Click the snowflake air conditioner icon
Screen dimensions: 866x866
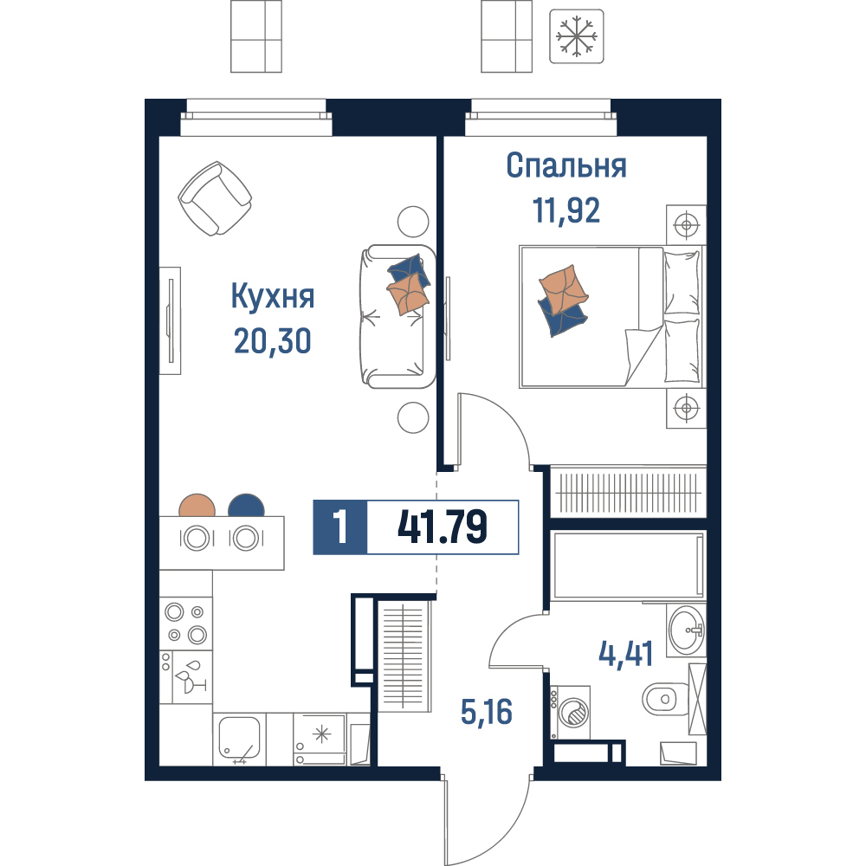pyautogui.click(x=576, y=36)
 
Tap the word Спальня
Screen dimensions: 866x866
pyautogui.click(x=566, y=165)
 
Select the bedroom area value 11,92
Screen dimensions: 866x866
pyautogui.click(x=566, y=210)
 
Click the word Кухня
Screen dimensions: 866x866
pyautogui.click(x=273, y=296)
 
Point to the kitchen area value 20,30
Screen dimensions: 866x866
pyautogui.click(x=273, y=340)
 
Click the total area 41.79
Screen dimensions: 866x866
pyautogui.click(x=443, y=527)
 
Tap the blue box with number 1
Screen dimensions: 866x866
pyautogui.click(x=340, y=527)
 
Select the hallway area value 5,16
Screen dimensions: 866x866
pyautogui.click(x=487, y=711)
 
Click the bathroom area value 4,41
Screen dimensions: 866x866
pyautogui.click(x=626, y=654)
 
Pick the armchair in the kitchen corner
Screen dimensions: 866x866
pyautogui.click(x=215, y=198)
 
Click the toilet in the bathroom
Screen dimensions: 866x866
pyautogui.click(x=665, y=699)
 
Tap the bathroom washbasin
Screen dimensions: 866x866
pyautogui.click(x=687, y=630)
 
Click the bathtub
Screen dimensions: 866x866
pyautogui.click(x=628, y=565)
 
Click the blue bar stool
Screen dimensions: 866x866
pyautogui.click(x=246, y=506)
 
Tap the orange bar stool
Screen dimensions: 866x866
pyautogui.click(x=197, y=506)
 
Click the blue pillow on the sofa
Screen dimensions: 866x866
pyautogui.click(x=410, y=271)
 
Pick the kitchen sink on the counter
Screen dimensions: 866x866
pyautogui.click(x=239, y=738)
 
